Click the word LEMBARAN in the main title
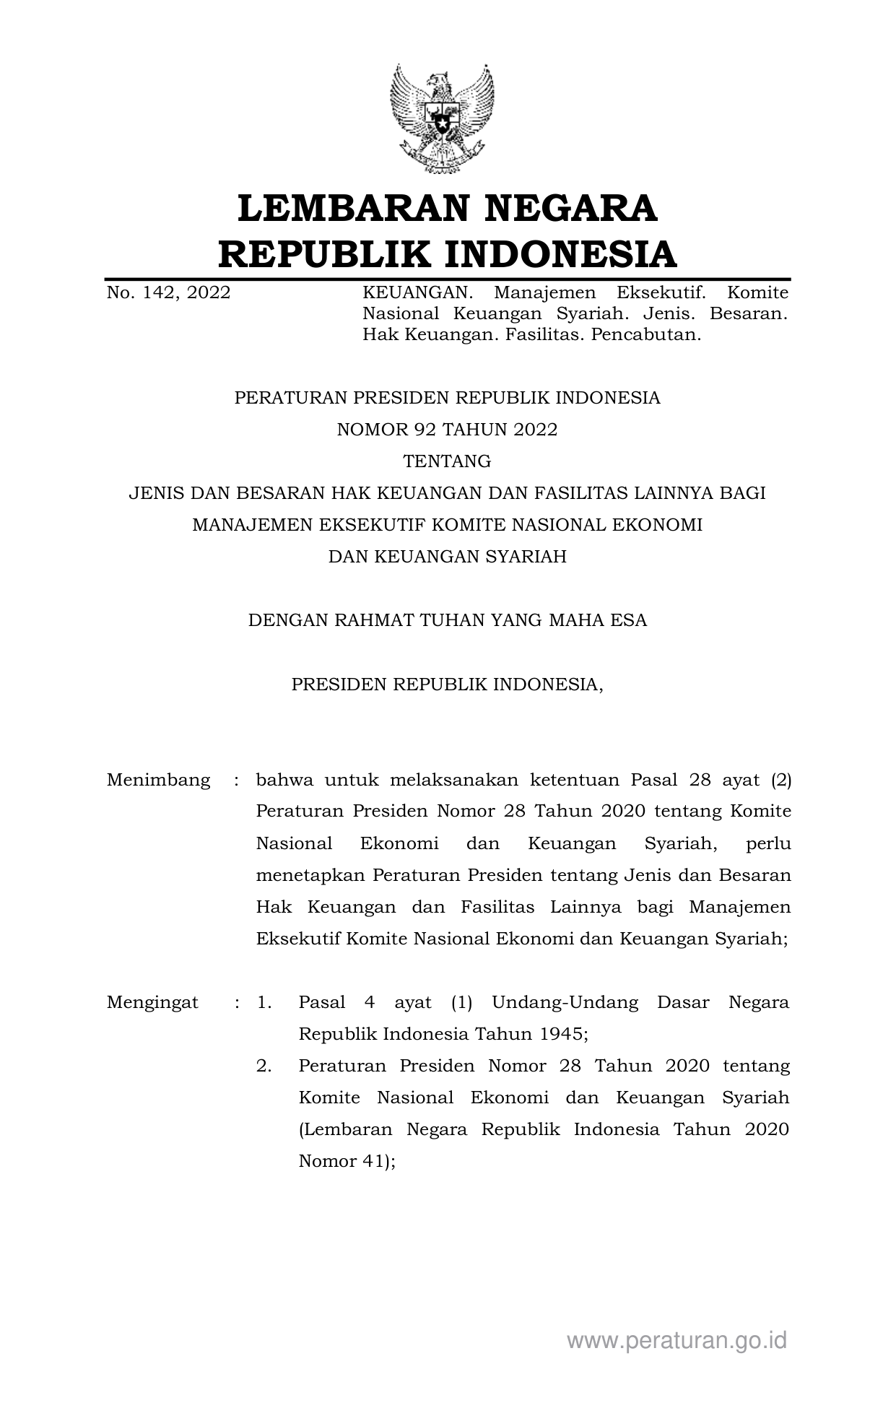pos(347,208)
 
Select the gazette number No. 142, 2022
pos(168,292)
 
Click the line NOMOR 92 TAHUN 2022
pos(447,430)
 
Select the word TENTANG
pos(447,461)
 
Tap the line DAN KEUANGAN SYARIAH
pos(447,556)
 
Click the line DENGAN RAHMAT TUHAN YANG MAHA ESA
pos(447,620)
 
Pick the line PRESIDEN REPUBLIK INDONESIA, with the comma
pos(447,684)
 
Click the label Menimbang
pos(158,780)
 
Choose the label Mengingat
pos(152,1002)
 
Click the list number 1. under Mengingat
pos(264,1002)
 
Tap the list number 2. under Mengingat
pos(264,1066)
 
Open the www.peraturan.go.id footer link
pos(677,1341)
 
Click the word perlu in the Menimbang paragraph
pos(769,843)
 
